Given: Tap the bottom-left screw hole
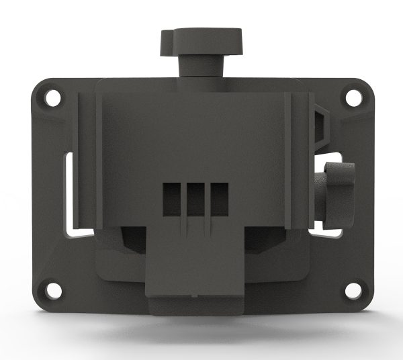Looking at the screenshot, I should [51, 291].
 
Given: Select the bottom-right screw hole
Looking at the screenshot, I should [352, 291].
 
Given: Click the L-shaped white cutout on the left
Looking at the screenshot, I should [69, 195].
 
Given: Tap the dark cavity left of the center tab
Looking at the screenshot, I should [131, 238].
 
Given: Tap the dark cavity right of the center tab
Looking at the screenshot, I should [259, 238].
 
